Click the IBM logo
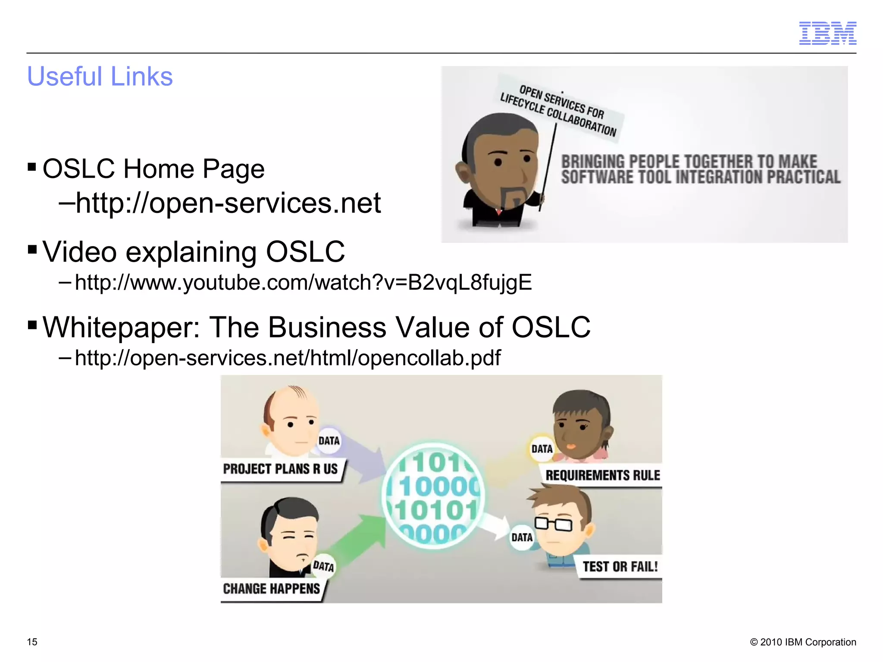pyautogui.click(x=827, y=33)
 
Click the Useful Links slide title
pyautogui.click(x=100, y=76)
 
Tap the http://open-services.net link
pyautogui.click(x=228, y=203)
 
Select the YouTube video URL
pyautogui.click(x=303, y=282)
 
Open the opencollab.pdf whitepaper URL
pyautogui.click(x=288, y=358)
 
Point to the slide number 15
pyautogui.click(x=32, y=642)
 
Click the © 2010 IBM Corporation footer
pyautogui.click(x=803, y=642)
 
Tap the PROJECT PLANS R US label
pyautogui.click(x=281, y=469)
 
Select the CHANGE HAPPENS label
pyautogui.click(x=272, y=589)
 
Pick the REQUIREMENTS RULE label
pyautogui.click(x=602, y=475)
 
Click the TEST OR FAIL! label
pyautogui.click(x=620, y=566)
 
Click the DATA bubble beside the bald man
pyautogui.click(x=329, y=441)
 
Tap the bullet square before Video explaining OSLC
pyautogui.click(x=32, y=250)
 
